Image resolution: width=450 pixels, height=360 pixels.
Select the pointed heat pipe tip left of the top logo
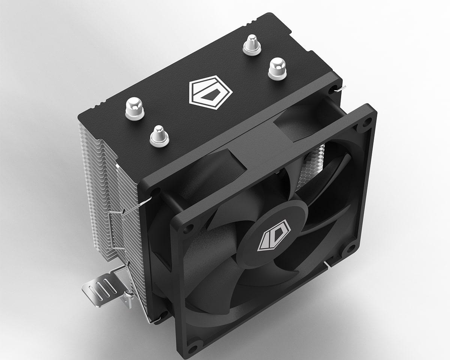(159, 135)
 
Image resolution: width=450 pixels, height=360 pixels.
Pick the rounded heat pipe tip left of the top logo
(135, 108)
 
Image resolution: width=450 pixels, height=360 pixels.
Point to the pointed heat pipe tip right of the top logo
(252, 45)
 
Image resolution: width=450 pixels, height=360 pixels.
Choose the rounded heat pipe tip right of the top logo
(277, 68)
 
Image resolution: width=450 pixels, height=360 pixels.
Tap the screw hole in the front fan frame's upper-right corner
(367, 121)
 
